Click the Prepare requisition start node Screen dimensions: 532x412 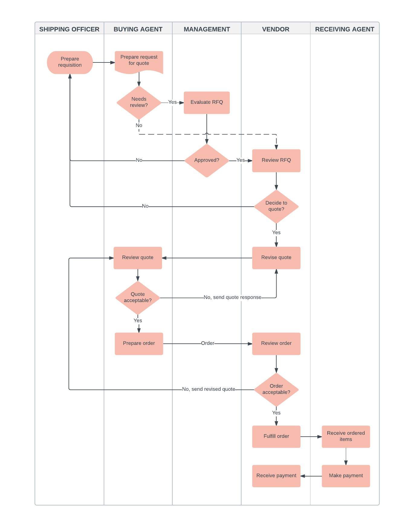click(70, 62)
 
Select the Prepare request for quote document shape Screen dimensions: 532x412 click(139, 61)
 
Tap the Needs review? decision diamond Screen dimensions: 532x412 click(139, 102)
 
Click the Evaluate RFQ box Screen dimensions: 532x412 click(207, 102)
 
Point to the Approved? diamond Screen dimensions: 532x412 click(207, 160)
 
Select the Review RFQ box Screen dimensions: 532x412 click(276, 160)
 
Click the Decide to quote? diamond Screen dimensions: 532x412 click(276, 206)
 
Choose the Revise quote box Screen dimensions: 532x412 click(276, 257)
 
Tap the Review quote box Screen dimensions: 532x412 click(138, 257)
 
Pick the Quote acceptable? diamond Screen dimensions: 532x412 click(138, 298)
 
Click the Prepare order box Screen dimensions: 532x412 click(139, 343)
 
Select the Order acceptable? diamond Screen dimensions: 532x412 click(276, 389)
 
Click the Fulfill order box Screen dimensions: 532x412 click(276, 436)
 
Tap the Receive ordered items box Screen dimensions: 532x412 click(346, 436)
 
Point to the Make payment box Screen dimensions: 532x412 click(346, 476)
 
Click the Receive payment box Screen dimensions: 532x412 click(276, 476)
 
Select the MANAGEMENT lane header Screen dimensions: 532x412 click(207, 29)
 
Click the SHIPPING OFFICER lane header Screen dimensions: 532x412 click(69, 29)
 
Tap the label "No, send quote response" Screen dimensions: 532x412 click(232, 297)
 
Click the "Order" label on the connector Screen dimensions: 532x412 click(208, 343)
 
